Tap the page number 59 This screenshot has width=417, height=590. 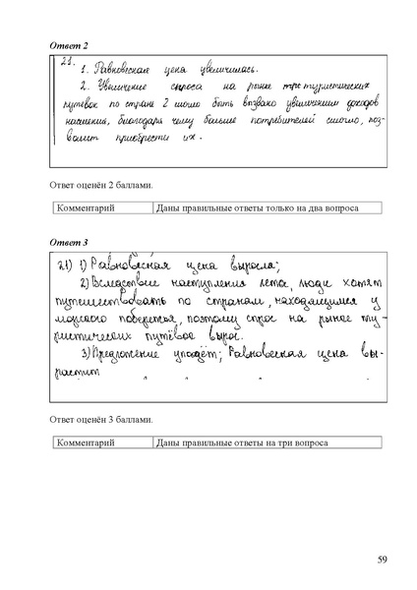tap(383, 560)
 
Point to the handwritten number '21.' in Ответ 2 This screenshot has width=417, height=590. tap(68, 62)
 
